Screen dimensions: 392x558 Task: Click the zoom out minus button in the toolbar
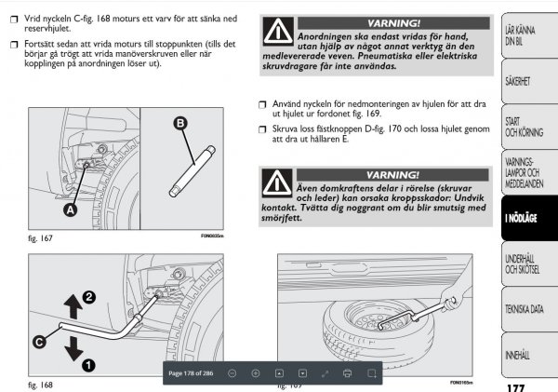click(232, 372)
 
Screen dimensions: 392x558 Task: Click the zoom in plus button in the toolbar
click(256, 372)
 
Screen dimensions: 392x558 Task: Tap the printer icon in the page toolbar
click(347, 372)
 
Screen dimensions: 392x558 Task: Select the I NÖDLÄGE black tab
click(521, 217)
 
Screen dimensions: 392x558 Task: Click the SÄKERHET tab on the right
click(517, 81)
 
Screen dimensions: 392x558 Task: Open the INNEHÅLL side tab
click(518, 355)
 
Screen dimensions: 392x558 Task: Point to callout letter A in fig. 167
click(70, 210)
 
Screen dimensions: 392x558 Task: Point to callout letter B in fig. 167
click(179, 122)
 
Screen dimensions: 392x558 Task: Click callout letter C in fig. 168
click(40, 342)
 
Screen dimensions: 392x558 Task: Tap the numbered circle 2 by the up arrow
click(89, 296)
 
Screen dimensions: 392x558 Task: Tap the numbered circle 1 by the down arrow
click(89, 365)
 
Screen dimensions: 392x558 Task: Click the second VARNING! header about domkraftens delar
click(393, 174)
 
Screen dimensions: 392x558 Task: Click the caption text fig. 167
click(40, 239)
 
